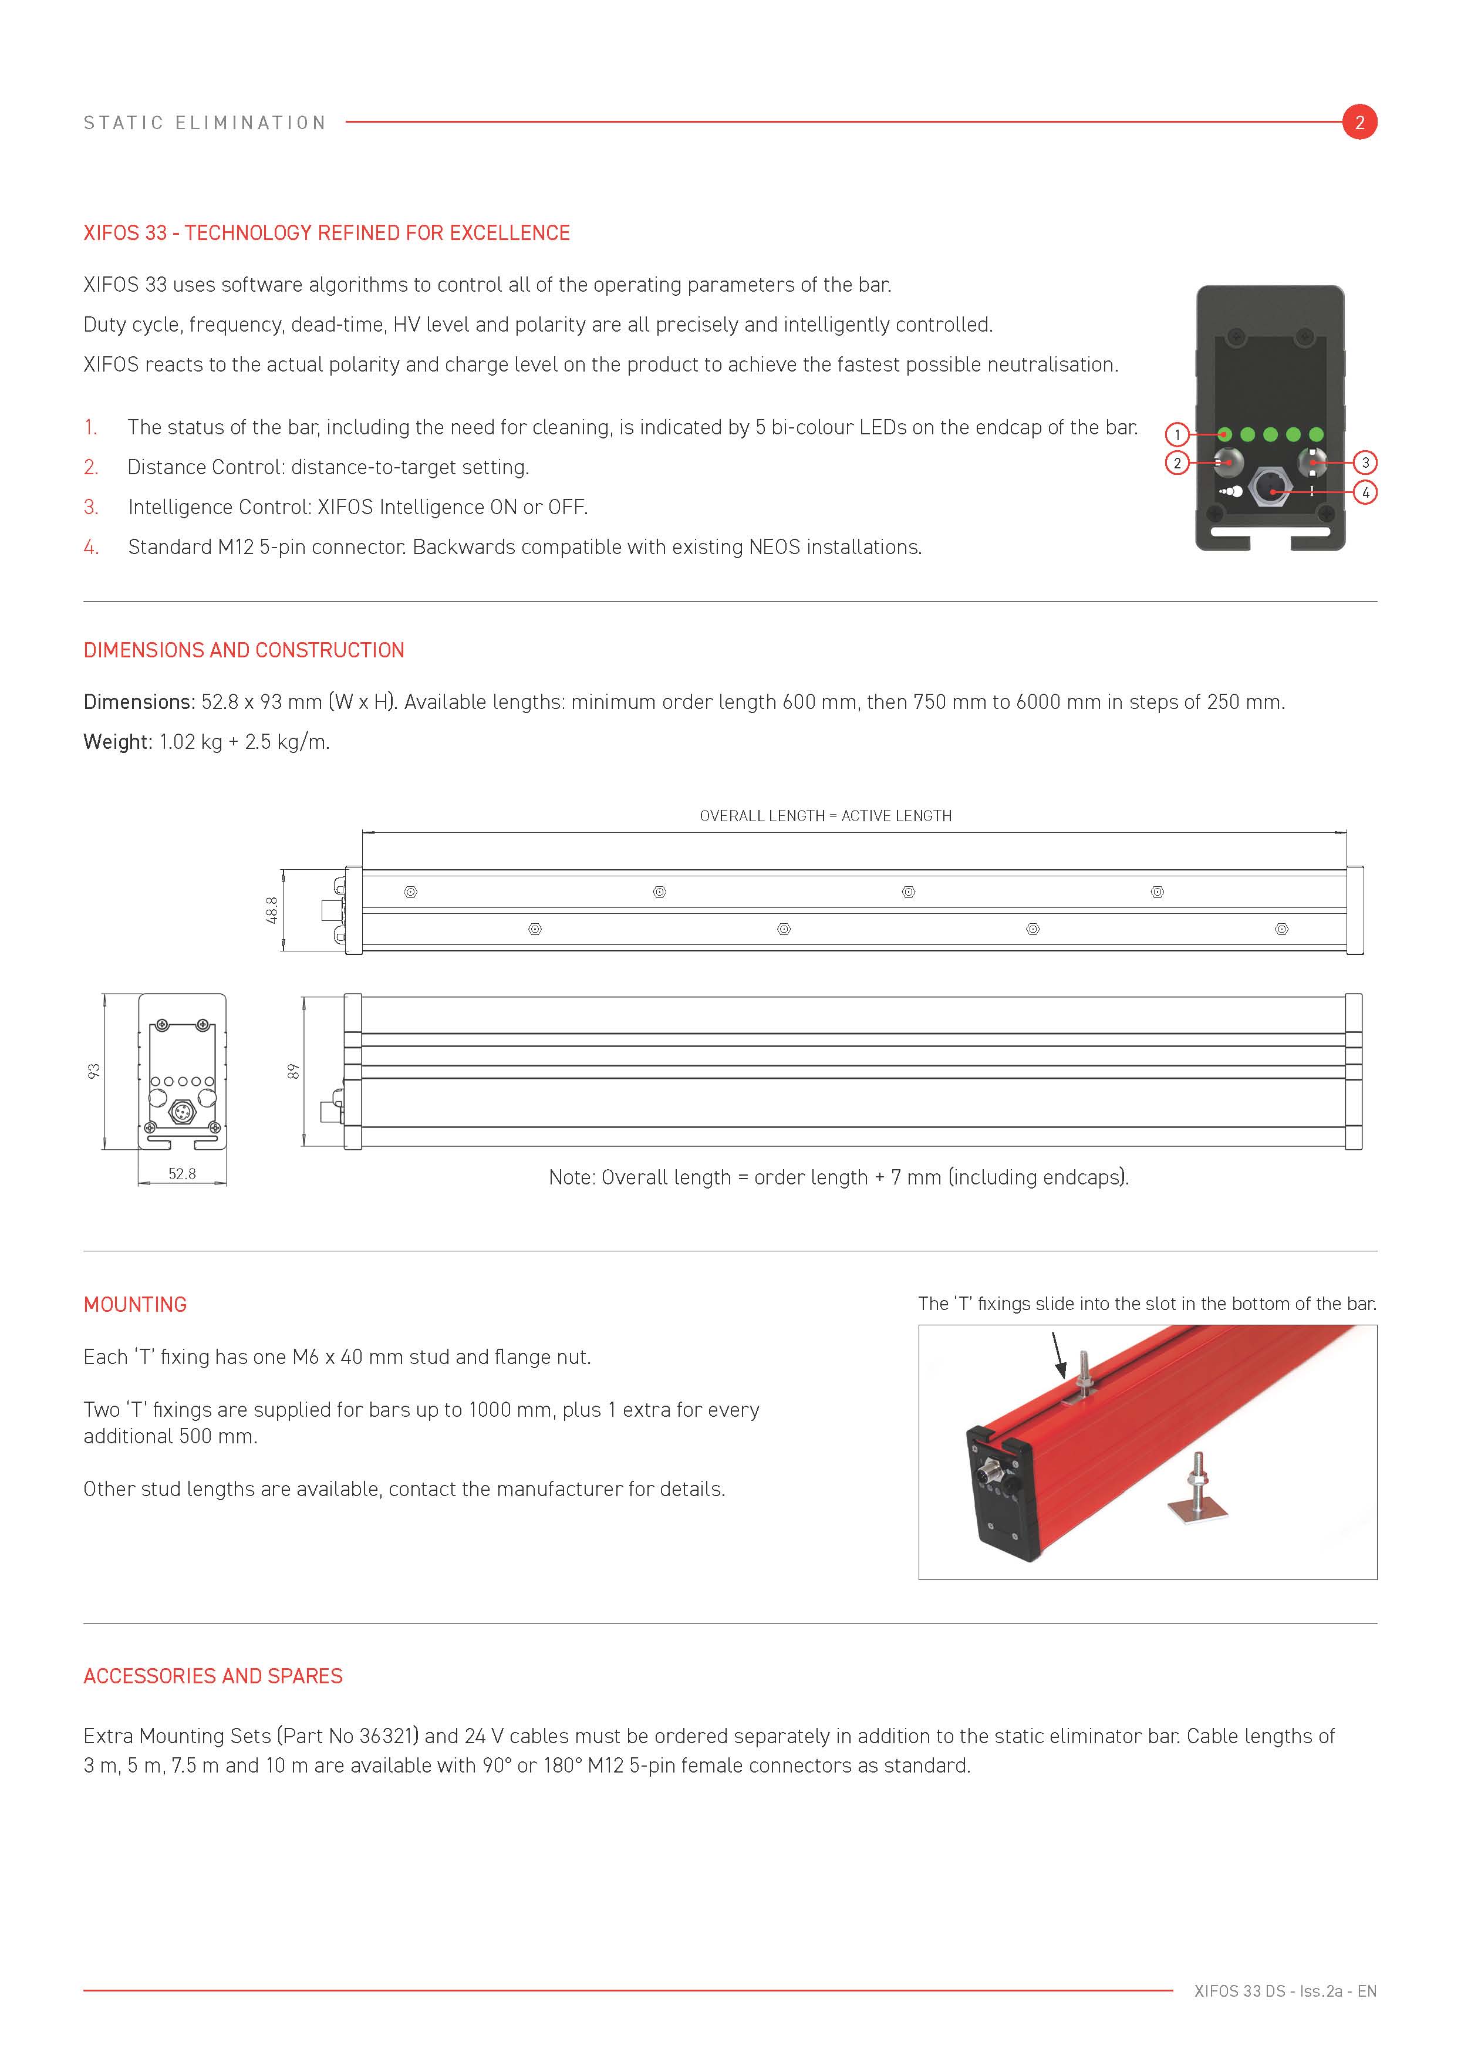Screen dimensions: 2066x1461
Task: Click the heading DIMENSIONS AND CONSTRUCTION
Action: click(244, 650)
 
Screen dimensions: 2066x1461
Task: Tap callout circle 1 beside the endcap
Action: click(1177, 434)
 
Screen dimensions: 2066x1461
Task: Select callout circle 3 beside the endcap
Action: click(1365, 463)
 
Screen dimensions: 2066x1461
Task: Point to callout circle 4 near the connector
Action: click(1365, 492)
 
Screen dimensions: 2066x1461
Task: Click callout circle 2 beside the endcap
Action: click(1177, 464)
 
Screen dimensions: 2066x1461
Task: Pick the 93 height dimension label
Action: click(93, 1071)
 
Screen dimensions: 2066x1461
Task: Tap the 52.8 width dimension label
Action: click(182, 1173)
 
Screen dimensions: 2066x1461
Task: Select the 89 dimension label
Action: click(292, 1071)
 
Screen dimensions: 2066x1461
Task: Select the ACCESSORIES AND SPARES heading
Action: click(213, 1676)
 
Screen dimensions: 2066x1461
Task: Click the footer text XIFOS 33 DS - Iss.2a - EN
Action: click(1285, 1991)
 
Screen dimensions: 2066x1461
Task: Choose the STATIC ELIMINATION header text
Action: click(205, 123)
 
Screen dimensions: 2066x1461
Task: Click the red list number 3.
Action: click(91, 507)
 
